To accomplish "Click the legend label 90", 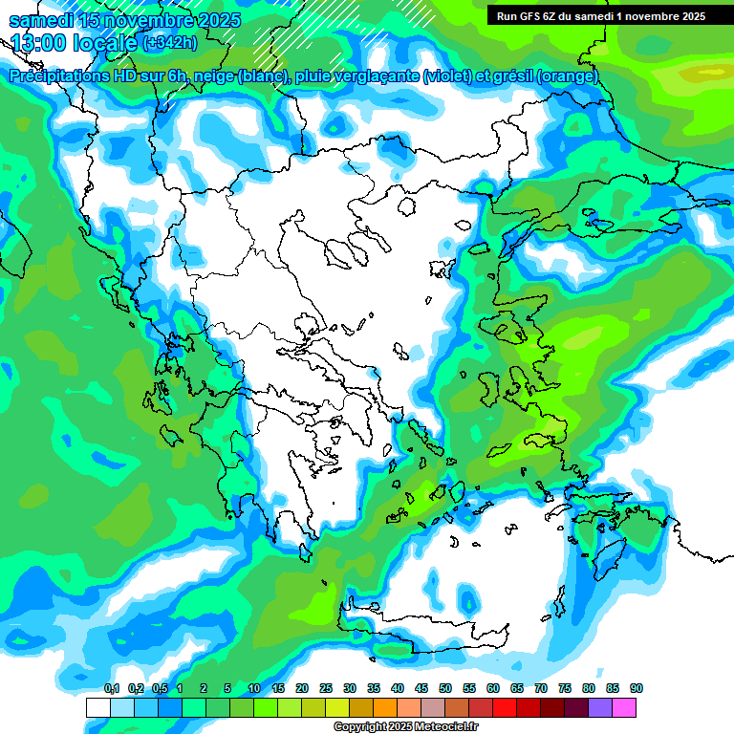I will coord(637,688).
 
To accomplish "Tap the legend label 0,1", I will coord(111,688).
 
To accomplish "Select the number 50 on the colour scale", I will coord(445,688).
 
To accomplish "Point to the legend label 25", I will coord(326,688).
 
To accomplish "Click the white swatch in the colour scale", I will coord(97,707).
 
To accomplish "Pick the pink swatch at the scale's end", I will coord(624,707).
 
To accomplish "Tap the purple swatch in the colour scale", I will coord(600,707).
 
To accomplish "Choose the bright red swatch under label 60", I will coord(505,707).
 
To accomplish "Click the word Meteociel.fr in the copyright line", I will coord(446,727).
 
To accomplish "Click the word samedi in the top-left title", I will coord(40,20).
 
